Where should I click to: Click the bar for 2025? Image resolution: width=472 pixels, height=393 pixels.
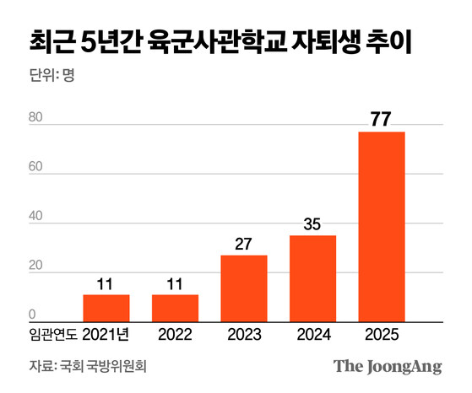click(x=382, y=227)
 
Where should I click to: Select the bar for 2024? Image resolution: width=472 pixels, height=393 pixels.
click(x=312, y=278)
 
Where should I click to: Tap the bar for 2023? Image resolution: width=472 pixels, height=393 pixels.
click(x=244, y=288)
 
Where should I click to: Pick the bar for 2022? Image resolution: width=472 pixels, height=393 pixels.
click(x=175, y=309)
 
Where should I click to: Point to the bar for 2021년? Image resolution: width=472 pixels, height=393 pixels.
click(x=106, y=309)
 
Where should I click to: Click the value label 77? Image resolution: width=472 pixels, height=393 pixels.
click(x=382, y=118)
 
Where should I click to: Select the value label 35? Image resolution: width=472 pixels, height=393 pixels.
click(x=312, y=224)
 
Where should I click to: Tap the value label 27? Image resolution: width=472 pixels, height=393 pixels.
click(x=244, y=244)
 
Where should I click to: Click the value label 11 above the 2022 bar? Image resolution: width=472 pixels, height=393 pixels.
click(x=175, y=283)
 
